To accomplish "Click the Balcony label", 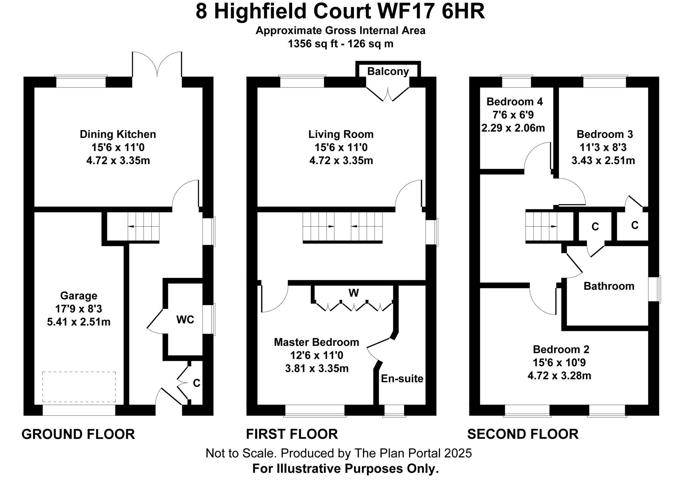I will pyautogui.click(x=388, y=71).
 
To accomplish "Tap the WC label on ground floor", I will pyautogui.click(x=185, y=320).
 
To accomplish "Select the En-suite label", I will pyautogui.click(x=402, y=378).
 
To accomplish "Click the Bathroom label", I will pyautogui.click(x=609, y=286).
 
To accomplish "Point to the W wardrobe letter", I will pyautogui.click(x=353, y=293).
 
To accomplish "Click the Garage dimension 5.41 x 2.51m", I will pyautogui.click(x=79, y=322).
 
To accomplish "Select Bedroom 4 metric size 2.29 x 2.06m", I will pyautogui.click(x=513, y=128).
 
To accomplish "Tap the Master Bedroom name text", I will pyautogui.click(x=316, y=342).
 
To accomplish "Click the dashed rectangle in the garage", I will pyautogui.click(x=79, y=387).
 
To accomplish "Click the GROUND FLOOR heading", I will pyautogui.click(x=78, y=434).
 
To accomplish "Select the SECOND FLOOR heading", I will pyautogui.click(x=523, y=434).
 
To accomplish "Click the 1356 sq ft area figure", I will pyautogui.click(x=312, y=44).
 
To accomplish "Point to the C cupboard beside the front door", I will pyautogui.click(x=196, y=383).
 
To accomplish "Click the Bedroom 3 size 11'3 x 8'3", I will pyautogui.click(x=603, y=147).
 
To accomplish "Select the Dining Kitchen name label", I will pyautogui.click(x=118, y=134).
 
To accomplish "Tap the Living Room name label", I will pyautogui.click(x=341, y=134).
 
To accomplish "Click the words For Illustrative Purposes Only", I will pyautogui.click(x=345, y=469).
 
